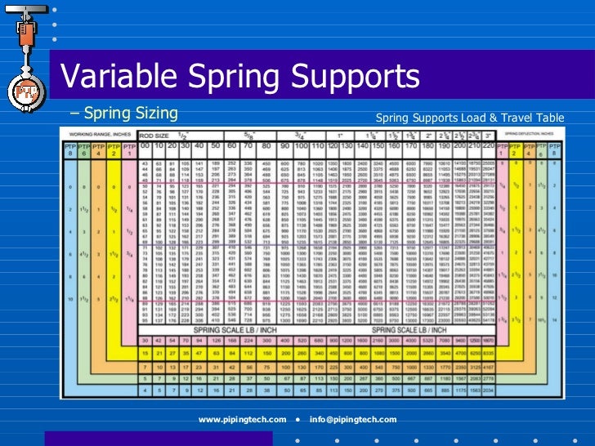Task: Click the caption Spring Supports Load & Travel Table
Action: click(x=470, y=118)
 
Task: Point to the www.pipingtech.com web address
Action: click(x=242, y=419)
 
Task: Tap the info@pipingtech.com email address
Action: click(x=353, y=419)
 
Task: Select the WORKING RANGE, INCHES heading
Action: click(x=99, y=133)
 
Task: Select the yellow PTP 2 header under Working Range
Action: click(x=112, y=149)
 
